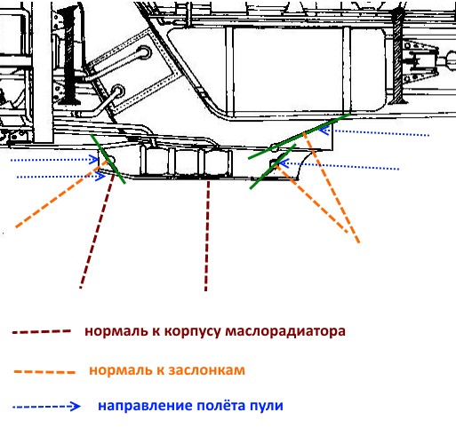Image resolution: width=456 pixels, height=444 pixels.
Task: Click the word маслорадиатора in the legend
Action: (285, 331)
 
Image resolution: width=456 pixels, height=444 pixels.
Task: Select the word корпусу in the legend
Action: (192, 332)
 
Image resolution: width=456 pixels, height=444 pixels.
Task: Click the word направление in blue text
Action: (145, 406)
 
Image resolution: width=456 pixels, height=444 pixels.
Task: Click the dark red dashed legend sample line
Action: (42, 332)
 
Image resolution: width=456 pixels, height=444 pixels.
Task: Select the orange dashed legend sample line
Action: (44, 372)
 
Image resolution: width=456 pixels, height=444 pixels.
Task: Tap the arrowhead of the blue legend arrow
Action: (75, 406)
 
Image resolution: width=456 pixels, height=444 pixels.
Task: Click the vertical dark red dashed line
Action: (207, 236)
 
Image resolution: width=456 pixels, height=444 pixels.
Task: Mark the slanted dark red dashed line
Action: (97, 231)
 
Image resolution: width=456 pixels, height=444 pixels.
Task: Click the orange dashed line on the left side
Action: (60, 194)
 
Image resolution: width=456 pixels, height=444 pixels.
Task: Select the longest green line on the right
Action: (299, 136)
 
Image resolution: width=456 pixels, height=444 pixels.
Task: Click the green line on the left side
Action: (108, 159)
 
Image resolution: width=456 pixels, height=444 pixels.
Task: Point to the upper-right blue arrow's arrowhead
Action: (325, 131)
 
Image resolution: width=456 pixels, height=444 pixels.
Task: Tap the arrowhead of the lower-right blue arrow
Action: (284, 163)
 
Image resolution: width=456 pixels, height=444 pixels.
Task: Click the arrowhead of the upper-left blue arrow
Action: (94, 160)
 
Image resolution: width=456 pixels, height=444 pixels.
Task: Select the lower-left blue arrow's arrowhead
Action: (101, 177)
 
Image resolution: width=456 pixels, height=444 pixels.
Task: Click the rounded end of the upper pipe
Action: (144, 52)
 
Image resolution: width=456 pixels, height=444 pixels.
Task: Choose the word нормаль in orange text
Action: (126, 370)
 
